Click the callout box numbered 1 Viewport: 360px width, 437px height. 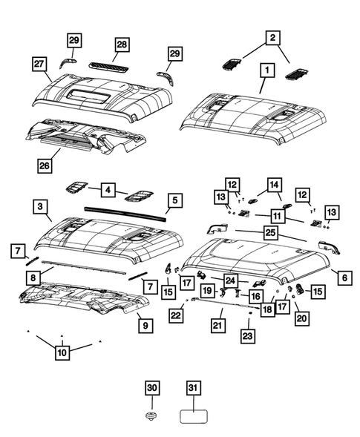tap(264, 73)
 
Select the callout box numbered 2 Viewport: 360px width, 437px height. tap(272, 37)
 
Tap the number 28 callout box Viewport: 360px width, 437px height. tap(121, 46)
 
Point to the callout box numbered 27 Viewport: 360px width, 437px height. tap(40, 65)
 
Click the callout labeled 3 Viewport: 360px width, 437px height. tap(41, 205)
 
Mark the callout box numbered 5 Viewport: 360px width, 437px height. tap(174, 200)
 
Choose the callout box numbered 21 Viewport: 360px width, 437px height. tap(217, 324)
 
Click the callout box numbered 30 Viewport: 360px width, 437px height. tap(151, 388)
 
